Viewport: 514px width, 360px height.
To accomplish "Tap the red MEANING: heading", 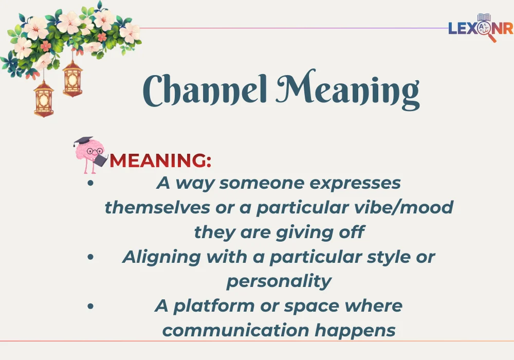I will pyautogui.click(x=160, y=160).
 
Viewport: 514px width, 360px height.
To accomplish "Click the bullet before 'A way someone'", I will pyautogui.click(x=90, y=184).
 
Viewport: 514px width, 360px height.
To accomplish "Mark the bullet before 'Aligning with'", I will pyautogui.click(x=90, y=257).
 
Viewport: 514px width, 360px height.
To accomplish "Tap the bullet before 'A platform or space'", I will pyautogui.click(x=90, y=306).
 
